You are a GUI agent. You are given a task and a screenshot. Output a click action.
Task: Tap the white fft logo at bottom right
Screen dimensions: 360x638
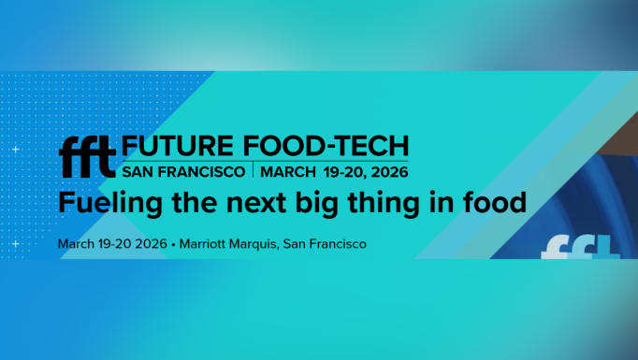582,248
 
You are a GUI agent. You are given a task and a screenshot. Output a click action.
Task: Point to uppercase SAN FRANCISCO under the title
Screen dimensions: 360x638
183,172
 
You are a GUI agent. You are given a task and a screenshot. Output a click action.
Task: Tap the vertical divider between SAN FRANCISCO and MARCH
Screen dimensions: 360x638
253,171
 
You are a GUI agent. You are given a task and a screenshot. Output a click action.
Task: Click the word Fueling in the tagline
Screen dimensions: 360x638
101,202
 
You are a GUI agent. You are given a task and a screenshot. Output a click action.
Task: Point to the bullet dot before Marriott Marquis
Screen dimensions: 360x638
173,244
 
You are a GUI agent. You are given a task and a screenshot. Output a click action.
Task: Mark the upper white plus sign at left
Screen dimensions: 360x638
15,150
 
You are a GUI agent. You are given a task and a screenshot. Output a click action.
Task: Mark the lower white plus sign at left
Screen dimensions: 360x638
15,244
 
